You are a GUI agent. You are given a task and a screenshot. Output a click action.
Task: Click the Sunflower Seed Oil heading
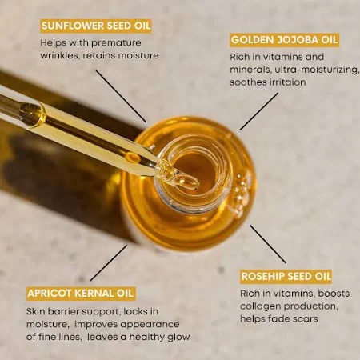(96, 26)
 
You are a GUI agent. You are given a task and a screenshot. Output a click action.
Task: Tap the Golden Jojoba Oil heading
(284, 40)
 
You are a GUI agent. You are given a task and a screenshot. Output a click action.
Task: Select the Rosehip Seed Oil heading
(286, 277)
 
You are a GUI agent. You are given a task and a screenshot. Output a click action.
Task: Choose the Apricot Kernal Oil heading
(80, 294)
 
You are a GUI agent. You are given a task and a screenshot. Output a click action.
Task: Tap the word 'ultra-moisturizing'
(317, 70)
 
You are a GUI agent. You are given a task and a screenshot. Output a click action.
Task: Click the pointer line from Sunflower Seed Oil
(122, 96)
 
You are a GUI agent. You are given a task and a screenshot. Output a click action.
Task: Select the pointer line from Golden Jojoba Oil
(259, 111)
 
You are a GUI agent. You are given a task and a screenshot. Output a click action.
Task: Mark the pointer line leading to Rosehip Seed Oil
(268, 244)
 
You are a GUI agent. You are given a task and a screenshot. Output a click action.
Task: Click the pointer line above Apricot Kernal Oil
(109, 263)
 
